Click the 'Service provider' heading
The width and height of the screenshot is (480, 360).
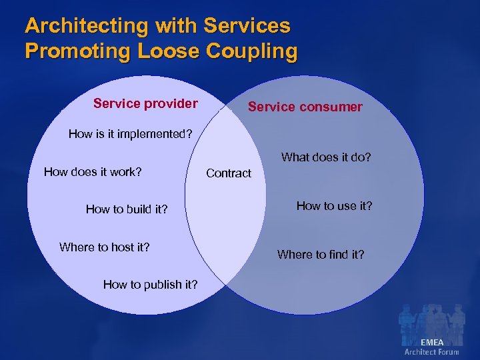[x=145, y=103]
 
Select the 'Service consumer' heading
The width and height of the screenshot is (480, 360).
[x=305, y=107]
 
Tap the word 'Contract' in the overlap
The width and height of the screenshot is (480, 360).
[x=229, y=173]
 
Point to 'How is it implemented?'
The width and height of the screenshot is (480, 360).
[x=131, y=134]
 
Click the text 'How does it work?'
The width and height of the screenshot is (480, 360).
[x=93, y=172]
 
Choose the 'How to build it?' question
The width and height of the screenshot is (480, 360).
[x=127, y=209]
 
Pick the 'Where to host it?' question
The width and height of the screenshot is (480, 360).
[x=104, y=247]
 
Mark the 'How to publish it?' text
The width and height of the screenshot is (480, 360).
[x=150, y=285]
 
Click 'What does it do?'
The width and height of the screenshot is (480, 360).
[x=326, y=157]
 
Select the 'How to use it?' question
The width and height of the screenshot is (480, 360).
[x=334, y=206]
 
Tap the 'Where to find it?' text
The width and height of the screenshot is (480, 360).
[x=321, y=254]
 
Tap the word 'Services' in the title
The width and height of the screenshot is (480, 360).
[x=247, y=26]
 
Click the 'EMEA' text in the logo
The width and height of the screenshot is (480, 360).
[x=431, y=342]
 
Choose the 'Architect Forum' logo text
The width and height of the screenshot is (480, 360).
[x=431, y=351]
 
